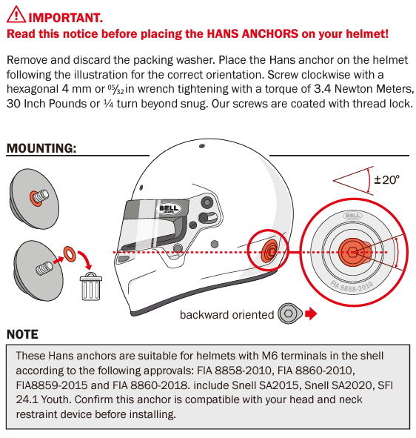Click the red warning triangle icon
(x=16, y=15)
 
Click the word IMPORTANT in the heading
(x=66, y=18)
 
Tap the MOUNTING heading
(x=41, y=148)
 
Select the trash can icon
(x=91, y=287)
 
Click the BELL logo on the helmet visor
(x=168, y=208)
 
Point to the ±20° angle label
(x=386, y=179)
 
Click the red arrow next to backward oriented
(x=311, y=313)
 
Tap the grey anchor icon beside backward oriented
(x=290, y=313)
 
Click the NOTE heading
(x=22, y=334)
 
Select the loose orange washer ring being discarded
(x=70, y=254)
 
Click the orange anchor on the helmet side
(x=269, y=251)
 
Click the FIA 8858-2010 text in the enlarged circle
(x=352, y=287)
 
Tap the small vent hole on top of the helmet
(x=202, y=146)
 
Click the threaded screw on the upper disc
(x=41, y=196)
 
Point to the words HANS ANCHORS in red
(x=252, y=34)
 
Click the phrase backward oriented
(x=227, y=315)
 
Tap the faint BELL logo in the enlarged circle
(x=352, y=216)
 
